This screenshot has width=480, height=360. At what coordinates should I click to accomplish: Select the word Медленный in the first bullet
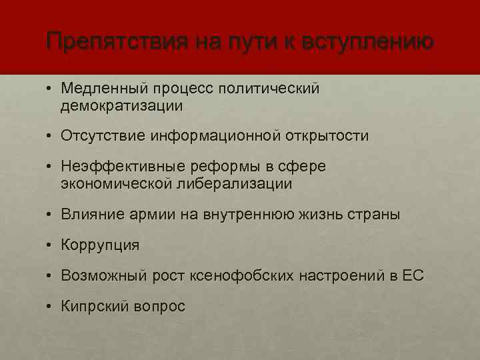[x=103, y=89]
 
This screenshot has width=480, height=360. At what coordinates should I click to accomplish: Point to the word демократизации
[x=121, y=105]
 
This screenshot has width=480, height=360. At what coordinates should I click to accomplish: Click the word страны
[x=375, y=215]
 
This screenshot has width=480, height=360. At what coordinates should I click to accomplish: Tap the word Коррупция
[x=100, y=245]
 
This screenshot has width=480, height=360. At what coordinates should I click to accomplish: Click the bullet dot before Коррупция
[x=50, y=245]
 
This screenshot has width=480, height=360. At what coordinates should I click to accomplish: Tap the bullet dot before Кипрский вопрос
[x=50, y=306]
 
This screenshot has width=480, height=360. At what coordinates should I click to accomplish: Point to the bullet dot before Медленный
[x=50, y=89]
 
